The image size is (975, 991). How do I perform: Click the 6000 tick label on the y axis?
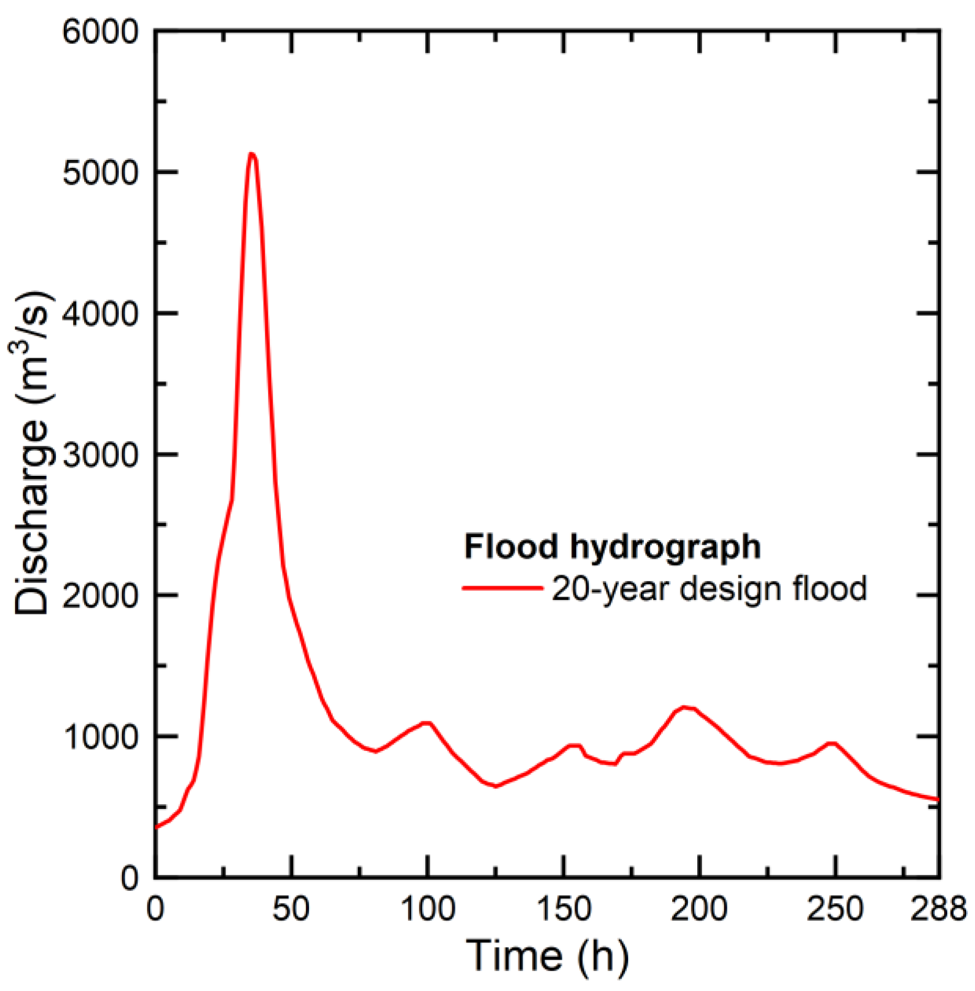tap(100, 32)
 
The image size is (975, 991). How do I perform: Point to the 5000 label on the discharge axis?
tap(100, 173)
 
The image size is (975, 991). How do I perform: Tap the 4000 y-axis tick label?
tap(100, 314)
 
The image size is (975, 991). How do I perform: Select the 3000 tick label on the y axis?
tap(100, 454)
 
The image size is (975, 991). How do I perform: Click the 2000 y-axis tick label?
tap(100, 595)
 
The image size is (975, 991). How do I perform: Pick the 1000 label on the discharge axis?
tap(100, 736)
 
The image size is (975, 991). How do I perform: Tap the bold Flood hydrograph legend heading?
tap(612, 546)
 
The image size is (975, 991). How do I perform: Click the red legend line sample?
tap(502, 588)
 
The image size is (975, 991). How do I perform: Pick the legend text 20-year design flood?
tap(709, 588)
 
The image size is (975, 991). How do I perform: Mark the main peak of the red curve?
tap(252, 154)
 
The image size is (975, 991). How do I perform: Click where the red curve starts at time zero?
tap(156, 827)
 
